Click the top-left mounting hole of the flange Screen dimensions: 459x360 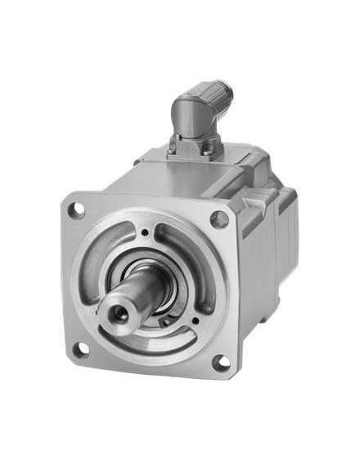point(78,210)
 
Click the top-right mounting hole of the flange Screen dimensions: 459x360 point(218,218)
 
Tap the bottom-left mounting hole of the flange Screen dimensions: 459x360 point(81,350)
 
